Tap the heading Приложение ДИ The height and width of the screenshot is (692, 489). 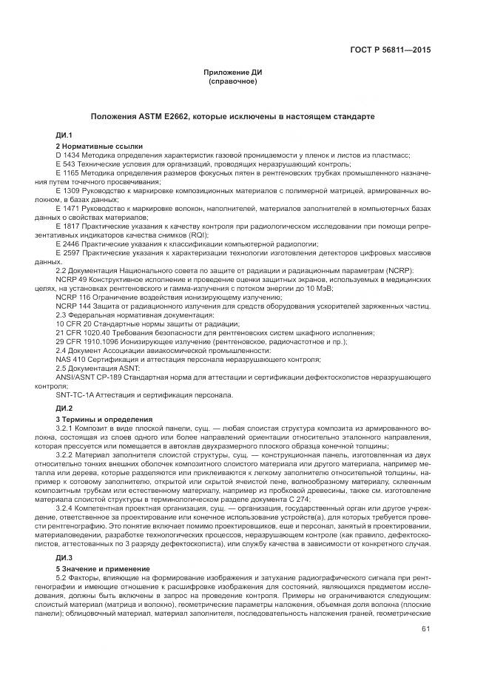click(233, 73)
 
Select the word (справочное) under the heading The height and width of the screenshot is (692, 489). click(233, 81)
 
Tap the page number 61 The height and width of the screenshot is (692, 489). click(425, 629)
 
